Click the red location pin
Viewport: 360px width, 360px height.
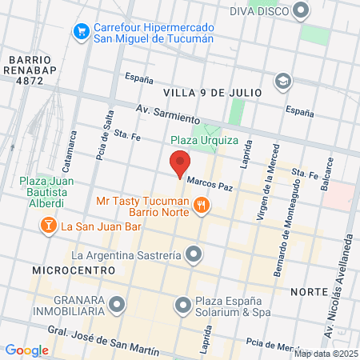tap(180, 164)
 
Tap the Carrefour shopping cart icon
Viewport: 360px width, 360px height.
tap(80, 31)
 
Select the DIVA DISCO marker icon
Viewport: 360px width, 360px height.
tap(302, 10)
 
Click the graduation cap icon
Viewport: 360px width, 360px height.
tap(282, 80)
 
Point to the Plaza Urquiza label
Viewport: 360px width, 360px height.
tap(204, 139)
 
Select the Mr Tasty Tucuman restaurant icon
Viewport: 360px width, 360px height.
tap(201, 206)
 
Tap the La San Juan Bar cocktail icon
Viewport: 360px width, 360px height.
tap(49, 226)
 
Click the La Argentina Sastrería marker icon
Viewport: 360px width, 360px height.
tap(194, 256)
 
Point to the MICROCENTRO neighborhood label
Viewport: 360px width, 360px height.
tap(74, 270)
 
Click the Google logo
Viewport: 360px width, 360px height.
tap(26, 350)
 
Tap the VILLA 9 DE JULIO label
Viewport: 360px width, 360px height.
tap(214, 93)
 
